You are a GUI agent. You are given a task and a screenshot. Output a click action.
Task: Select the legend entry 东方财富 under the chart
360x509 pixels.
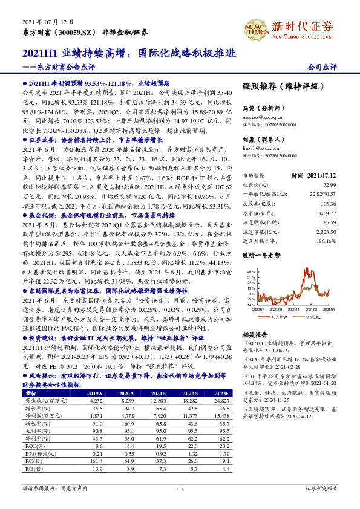click(279, 316)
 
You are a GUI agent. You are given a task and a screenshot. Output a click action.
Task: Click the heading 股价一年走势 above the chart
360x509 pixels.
click(261, 256)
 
